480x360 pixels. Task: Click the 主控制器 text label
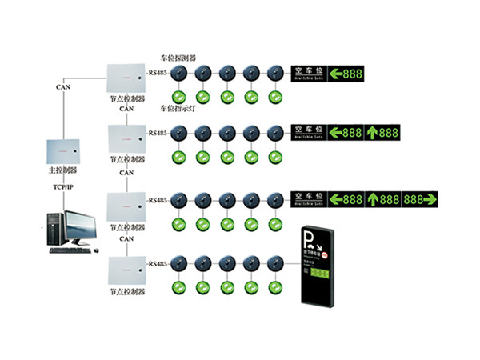pyautogui.click(x=62, y=170)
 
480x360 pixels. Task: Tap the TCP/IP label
pyautogui.click(x=62, y=188)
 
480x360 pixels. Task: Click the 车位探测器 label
pyautogui.click(x=179, y=58)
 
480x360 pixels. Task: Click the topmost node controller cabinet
pyautogui.click(x=126, y=77)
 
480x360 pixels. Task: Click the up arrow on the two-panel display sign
pyautogui.click(x=373, y=133)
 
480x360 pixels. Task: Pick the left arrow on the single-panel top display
pyautogui.click(x=336, y=74)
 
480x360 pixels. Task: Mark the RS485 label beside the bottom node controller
pyautogui.click(x=158, y=262)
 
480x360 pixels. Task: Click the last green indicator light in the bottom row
pyautogui.click(x=276, y=286)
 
